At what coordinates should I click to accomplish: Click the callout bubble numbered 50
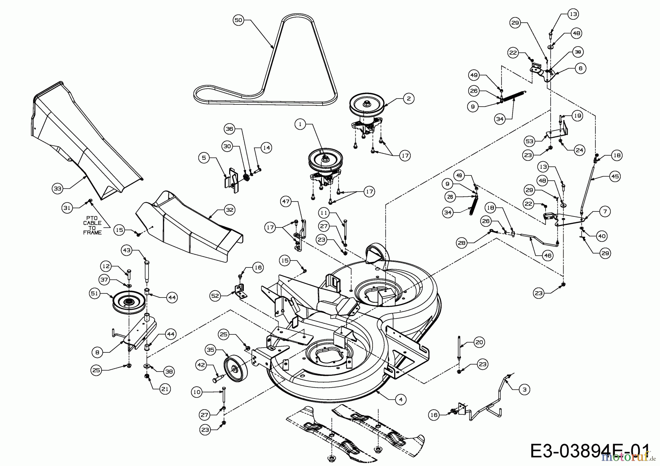point(238,20)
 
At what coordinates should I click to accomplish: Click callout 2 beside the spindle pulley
point(408,98)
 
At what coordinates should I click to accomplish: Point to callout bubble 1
point(300,124)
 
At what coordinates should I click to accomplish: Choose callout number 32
point(230,210)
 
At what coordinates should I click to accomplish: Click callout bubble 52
point(216,296)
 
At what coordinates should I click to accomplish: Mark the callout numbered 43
point(126,250)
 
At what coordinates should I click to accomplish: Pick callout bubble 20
point(479,342)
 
